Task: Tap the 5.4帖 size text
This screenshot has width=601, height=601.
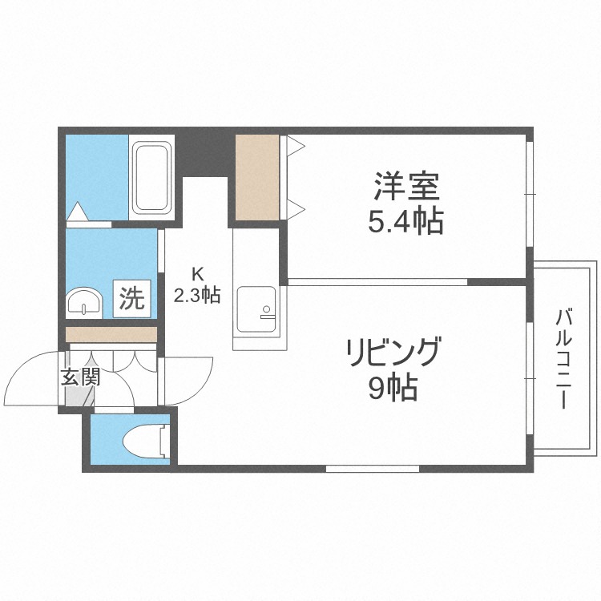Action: click(405, 222)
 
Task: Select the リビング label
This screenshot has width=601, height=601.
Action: click(393, 353)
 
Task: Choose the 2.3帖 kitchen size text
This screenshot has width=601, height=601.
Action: click(197, 295)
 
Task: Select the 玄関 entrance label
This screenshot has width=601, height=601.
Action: click(79, 377)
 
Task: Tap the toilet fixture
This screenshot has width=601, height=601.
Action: click(147, 440)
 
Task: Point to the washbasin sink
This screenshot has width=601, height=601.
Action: click(83, 304)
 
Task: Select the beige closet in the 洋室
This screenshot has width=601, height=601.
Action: click(257, 176)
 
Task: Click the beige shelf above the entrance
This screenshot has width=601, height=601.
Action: click(111, 334)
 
